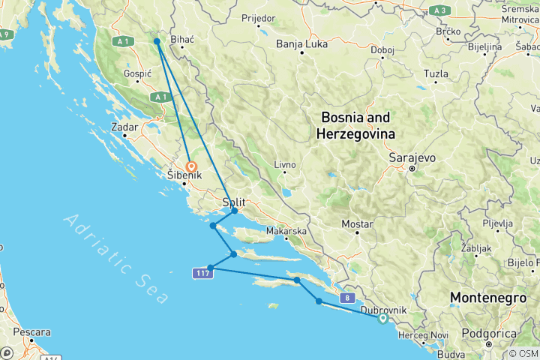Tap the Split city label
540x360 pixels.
pyautogui.click(x=234, y=202)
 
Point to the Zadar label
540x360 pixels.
pyautogui.click(x=124, y=127)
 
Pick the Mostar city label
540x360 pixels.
pyautogui.click(x=357, y=224)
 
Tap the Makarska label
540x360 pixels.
pyautogui.click(x=286, y=232)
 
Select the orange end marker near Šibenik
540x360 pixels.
pyautogui.click(x=191, y=167)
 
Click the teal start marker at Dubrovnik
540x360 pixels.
pyautogui.click(x=383, y=319)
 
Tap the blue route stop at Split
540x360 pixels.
pyautogui.click(x=235, y=211)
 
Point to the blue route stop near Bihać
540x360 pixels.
pyautogui.click(x=157, y=41)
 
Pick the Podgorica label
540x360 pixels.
pyautogui.click(x=492, y=332)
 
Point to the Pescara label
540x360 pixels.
pyautogui.click(x=31, y=331)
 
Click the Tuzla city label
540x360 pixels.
pyautogui.click(x=436, y=73)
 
